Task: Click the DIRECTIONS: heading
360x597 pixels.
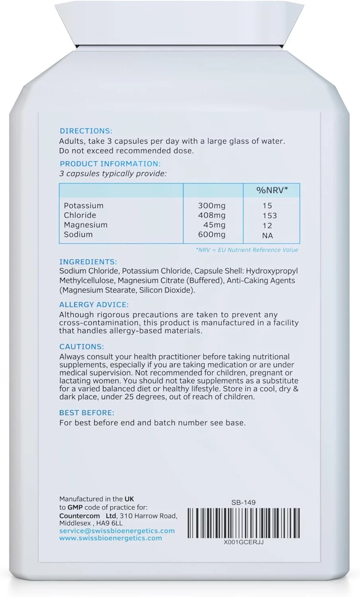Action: (x=86, y=131)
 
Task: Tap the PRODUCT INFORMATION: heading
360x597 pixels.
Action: (x=110, y=164)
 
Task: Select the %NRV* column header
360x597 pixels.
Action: (x=272, y=190)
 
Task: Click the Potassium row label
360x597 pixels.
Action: (x=84, y=206)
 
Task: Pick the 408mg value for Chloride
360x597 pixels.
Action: (x=212, y=215)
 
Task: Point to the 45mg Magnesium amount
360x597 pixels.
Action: (x=214, y=225)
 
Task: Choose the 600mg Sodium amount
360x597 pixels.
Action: (x=212, y=235)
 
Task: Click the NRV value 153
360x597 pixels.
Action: (x=270, y=215)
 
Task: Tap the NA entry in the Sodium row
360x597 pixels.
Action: (x=268, y=236)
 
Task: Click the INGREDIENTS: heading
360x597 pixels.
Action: (x=88, y=262)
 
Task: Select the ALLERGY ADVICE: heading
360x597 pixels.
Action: (x=94, y=305)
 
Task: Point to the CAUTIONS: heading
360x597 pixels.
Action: (x=82, y=347)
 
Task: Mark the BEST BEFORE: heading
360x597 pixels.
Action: (x=87, y=413)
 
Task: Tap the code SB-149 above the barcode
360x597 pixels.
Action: (x=243, y=502)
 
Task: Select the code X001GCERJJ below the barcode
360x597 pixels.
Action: (x=243, y=542)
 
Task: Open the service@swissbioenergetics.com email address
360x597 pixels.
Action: (x=117, y=531)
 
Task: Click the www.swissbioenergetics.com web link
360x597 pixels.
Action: (x=111, y=538)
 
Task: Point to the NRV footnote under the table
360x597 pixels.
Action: (x=247, y=250)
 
